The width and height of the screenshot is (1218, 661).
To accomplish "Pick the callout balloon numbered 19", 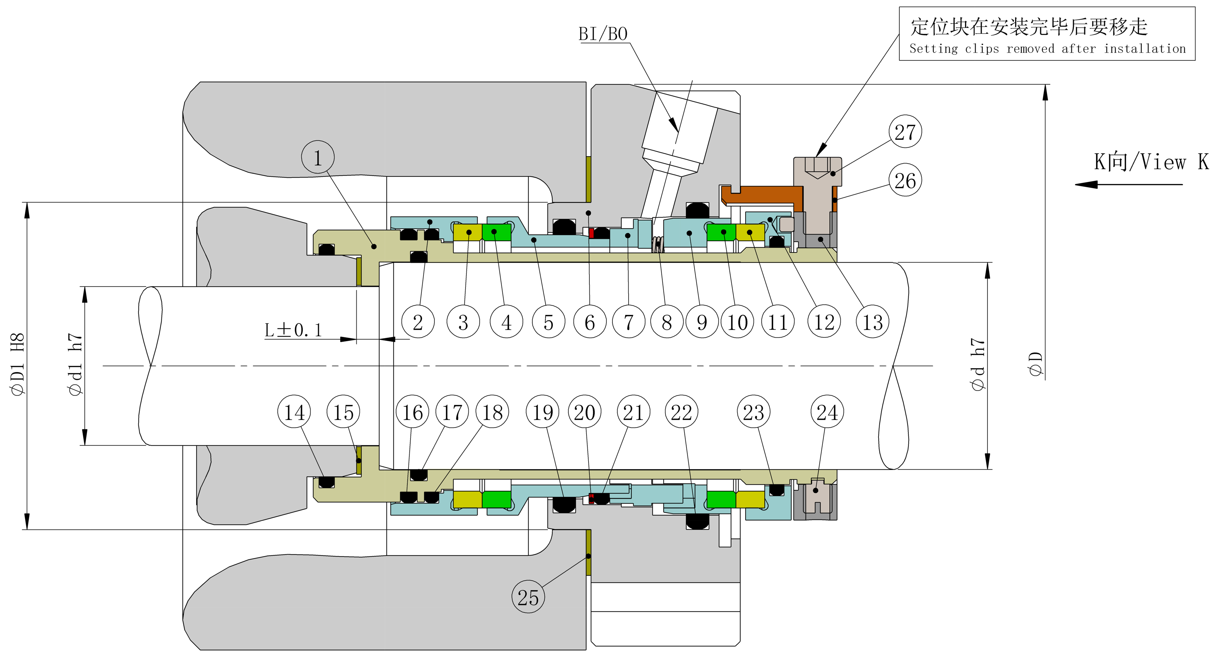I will click(542, 411).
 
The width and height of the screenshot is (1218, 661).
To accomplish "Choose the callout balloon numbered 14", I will click(294, 411).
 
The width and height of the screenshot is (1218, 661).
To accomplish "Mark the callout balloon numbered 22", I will click(681, 411).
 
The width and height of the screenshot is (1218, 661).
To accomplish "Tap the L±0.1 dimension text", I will click(293, 330).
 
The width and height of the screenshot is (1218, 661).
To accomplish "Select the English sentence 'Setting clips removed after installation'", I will click(1047, 49).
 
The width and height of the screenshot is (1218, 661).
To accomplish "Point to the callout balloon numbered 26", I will click(905, 180).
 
